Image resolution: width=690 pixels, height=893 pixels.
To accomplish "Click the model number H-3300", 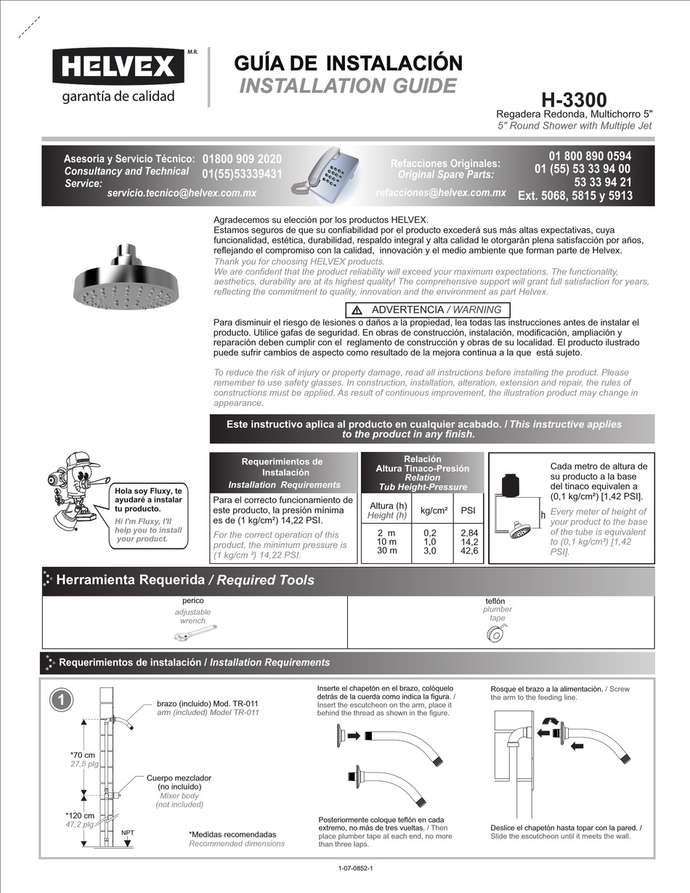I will pyautogui.click(x=574, y=100).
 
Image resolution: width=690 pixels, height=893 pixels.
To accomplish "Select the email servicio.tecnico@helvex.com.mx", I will pyautogui.click(x=182, y=193).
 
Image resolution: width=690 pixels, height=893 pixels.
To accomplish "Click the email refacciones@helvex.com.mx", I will pyautogui.click(x=441, y=193).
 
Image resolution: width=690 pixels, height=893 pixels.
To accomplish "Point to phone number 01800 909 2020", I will pyautogui.click(x=242, y=158).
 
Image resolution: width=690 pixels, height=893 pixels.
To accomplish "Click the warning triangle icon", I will pyautogui.click(x=357, y=310).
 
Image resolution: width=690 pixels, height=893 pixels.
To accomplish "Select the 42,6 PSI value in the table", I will pyautogui.click(x=469, y=551).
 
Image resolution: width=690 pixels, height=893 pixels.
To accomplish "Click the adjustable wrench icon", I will pyautogui.click(x=200, y=634).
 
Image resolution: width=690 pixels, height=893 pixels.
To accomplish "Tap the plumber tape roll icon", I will pyautogui.click(x=498, y=635).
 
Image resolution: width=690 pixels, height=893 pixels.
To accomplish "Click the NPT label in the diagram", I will pyautogui.click(x=127, y=833).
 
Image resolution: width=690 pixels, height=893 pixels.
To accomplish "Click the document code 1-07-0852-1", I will pyautogui.click(x=356, y=869).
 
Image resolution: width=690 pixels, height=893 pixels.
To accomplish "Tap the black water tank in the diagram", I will pyautogui.click(x=511, y=482).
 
